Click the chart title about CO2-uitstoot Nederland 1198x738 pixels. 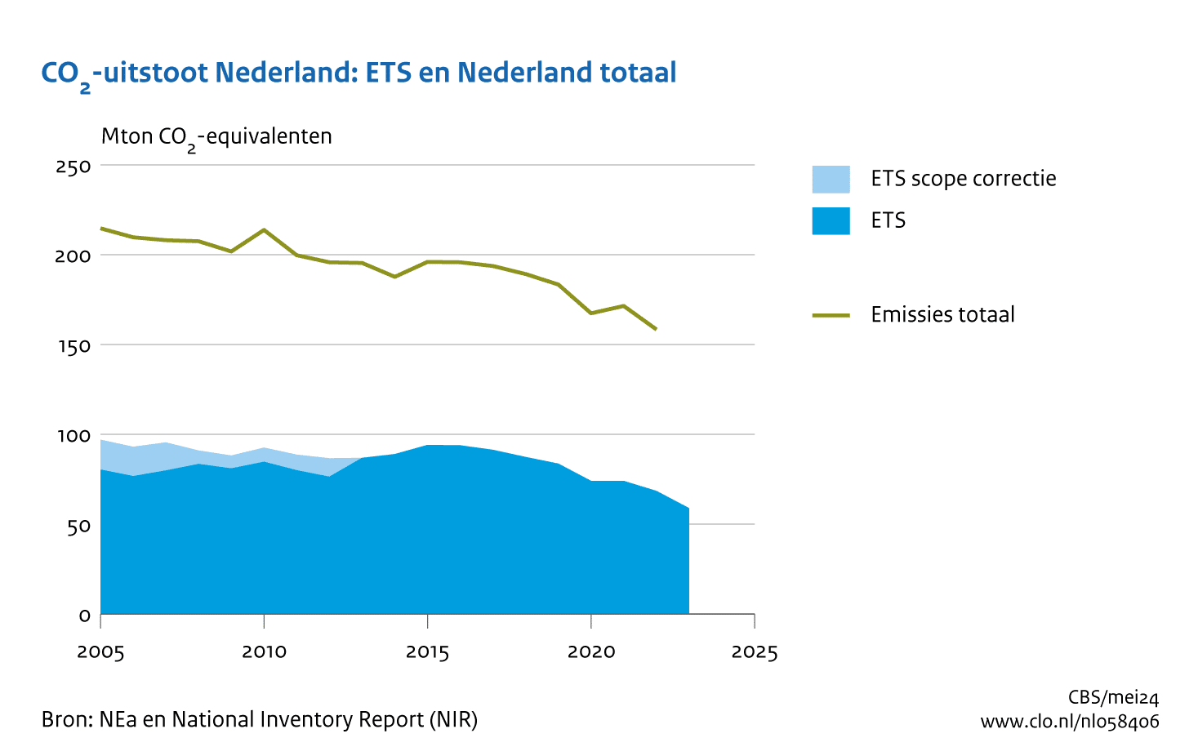359,73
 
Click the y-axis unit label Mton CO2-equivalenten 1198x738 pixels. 216,136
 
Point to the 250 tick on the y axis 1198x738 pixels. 73,167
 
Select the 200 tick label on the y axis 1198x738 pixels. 73,256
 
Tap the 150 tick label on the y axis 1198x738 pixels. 73,346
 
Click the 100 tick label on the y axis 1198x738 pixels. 73,436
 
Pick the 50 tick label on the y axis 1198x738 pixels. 78,526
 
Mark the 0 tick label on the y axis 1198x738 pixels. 84,616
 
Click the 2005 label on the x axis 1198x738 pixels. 100,652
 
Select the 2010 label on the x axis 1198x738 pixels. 264,652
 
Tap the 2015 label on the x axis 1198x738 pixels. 428,652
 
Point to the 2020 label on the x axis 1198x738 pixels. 591,652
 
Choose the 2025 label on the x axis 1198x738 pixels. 755,652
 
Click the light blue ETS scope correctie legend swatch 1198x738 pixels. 831,179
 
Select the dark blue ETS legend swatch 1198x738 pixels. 831,220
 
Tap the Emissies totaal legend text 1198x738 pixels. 942,315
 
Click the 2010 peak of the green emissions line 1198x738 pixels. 264,229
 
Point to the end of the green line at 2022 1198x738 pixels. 656,329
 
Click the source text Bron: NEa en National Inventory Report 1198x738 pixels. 260,720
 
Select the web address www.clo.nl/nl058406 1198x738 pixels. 1069,722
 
